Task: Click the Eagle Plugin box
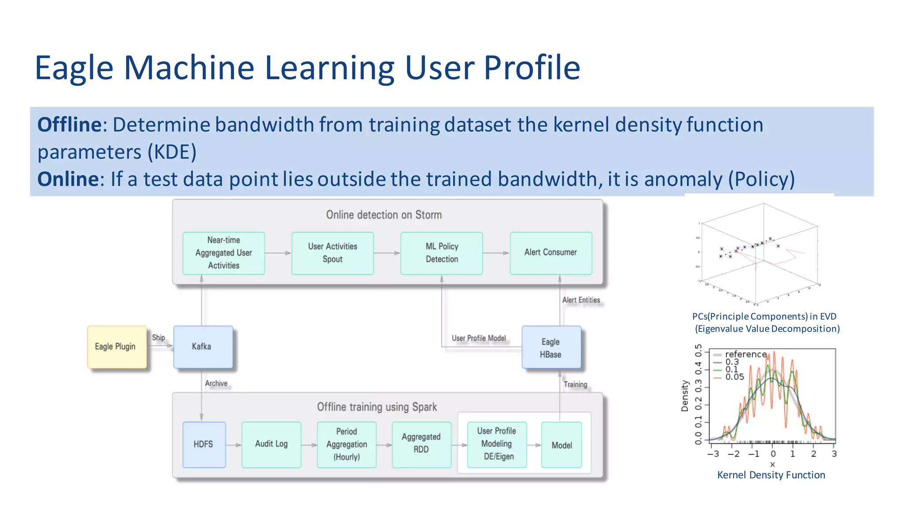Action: click(x=117, y=347)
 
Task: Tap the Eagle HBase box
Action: click(x=551, y=348)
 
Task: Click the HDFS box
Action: click(x=204, y=445)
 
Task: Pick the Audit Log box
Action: click(x=271, y=445)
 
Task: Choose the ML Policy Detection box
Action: click(x=441, y=253)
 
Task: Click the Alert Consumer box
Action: click(x=551, y=253)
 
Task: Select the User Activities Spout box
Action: click(x=333, y=253)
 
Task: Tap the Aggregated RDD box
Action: click(x=421, y=444)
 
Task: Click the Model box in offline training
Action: click(x=562, y=445)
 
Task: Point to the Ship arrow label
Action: click(x=159, y=338)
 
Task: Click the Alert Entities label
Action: click(x=581, y=300)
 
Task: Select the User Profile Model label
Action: click(x=479, y=338)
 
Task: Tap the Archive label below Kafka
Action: click(x=216, y=383)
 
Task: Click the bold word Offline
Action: click(x=70, y=125)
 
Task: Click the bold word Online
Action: click(x=68, y=180)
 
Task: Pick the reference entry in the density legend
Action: click(x=746, y=354)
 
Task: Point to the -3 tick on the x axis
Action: click(x=713, y=454)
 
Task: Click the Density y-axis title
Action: click(x=684, y=396)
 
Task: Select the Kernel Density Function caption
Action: click(x=771, y=475)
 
